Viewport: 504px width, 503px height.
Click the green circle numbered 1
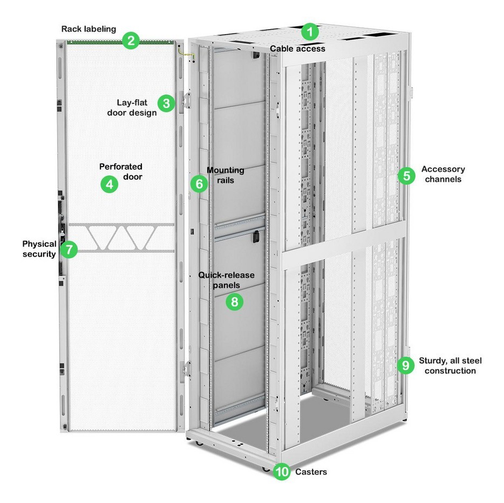tap(310, 32)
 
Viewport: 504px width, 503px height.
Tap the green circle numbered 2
tap(131, 41)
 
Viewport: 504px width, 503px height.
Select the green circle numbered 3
tap(166, 104)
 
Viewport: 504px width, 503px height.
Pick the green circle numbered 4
tap(110, 184)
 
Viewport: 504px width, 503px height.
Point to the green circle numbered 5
tap(407, 176)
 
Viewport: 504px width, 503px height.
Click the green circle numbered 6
tap(199, 184)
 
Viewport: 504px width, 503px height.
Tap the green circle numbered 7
tap(69, 249)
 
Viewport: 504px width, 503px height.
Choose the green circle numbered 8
tap(235, 302)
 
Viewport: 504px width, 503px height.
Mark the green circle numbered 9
tap(406, 365)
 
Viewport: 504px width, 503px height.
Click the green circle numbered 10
tap(282, 472)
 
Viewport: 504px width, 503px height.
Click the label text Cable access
tap(297, 49)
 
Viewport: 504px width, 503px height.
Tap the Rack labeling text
tap(88, 29)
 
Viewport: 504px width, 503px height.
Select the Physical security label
tap(39, 249)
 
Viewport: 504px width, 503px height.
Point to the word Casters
tap(311, 472)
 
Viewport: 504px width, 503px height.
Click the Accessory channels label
tap(443, 174)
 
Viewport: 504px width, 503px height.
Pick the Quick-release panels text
tap(226, 280)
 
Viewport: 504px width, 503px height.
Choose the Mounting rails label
tap(226, 175)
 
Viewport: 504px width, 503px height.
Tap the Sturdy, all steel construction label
tap(451, 366)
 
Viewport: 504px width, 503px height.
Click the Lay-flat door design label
tap(132, 108)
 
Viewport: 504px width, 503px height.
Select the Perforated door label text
tap(121, 171)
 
